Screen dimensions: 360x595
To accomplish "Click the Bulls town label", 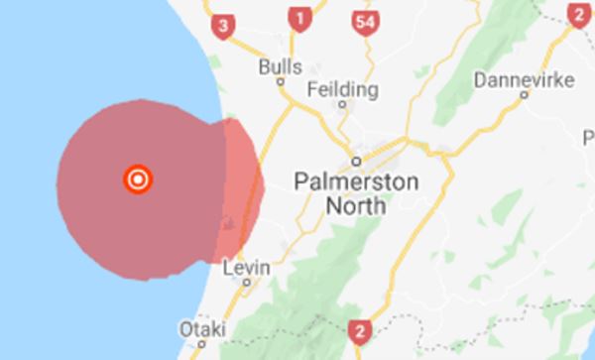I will (x=280, y=66).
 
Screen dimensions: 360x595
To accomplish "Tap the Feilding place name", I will (x=343, y=89).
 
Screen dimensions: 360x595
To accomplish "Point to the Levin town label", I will (x=247, y=267).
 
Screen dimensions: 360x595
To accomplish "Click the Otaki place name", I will (x=201, y=329).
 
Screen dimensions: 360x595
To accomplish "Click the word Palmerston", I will (x=357, y=180).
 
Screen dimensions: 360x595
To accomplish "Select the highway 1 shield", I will (x=298, y=17).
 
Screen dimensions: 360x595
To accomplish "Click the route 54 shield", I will (x=366, y=20).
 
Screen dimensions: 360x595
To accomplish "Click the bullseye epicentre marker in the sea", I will (x=138, y=180).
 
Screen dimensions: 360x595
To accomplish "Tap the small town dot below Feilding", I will (x=343, y=103).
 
